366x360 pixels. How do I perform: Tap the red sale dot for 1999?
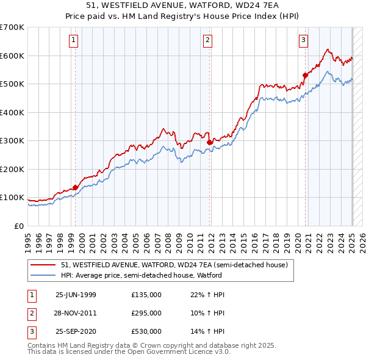tap(76, 187)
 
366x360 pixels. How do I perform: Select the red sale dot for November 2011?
tap(210, 142)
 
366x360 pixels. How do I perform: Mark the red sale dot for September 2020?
tap(305, 76)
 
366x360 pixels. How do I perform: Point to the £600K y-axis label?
tap(12, 56)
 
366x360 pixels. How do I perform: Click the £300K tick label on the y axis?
tap(12, 140)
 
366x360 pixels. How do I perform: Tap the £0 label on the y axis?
tap(19, 226)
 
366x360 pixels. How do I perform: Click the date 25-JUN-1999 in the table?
tap(76, 295)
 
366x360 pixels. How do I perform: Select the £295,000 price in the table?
tap(146, 313)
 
